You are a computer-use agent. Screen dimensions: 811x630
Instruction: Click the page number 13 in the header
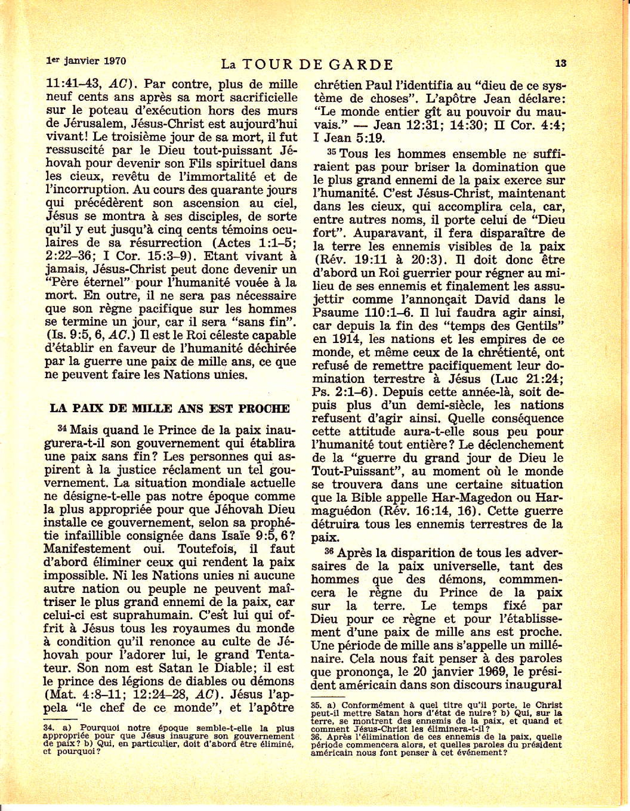(561, 63)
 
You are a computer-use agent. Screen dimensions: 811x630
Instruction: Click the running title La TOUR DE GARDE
(307, 64)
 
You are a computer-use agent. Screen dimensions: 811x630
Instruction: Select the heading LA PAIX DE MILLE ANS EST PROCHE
(170, 408)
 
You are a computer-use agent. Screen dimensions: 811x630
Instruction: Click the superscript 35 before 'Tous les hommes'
(332, 152)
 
